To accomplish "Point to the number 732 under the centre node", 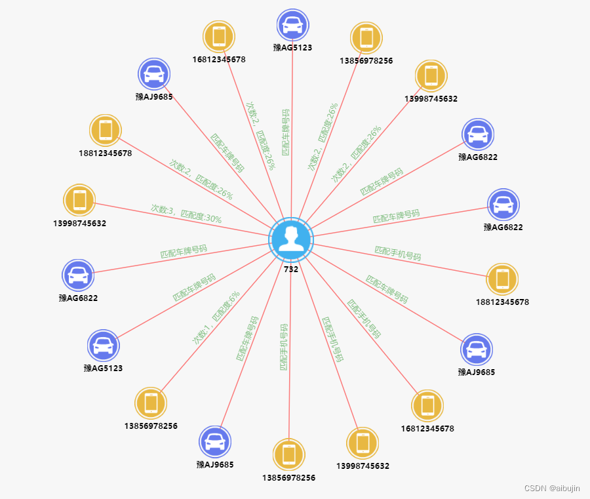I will click(291, 269).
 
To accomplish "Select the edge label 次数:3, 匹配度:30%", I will click(186, 214).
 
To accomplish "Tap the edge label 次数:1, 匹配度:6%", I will click(216, 318).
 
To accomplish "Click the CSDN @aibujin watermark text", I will click(552, 488).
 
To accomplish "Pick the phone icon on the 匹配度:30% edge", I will click(80, 200).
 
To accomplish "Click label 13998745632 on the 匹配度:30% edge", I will click(80, 223).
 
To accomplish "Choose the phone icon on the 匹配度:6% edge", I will click(151, 403).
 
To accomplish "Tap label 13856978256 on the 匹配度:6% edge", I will click(151, 426).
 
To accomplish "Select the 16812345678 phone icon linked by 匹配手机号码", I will click(427, 405).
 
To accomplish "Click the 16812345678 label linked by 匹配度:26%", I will click(219, 59).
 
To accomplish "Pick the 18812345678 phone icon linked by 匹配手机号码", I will click(503, 279).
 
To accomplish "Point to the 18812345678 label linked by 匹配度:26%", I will click(106, 153).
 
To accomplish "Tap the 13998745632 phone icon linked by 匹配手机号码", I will click(363, 443).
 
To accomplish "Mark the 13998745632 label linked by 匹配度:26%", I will click(431, 98).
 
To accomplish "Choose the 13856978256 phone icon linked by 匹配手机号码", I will click(288, 454).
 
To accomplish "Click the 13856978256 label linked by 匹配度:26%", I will click(366, 60).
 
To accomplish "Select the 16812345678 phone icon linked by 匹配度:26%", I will click(219, 36).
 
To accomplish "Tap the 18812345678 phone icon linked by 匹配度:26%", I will click(106, 130).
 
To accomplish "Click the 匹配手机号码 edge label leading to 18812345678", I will click(398, 253).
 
